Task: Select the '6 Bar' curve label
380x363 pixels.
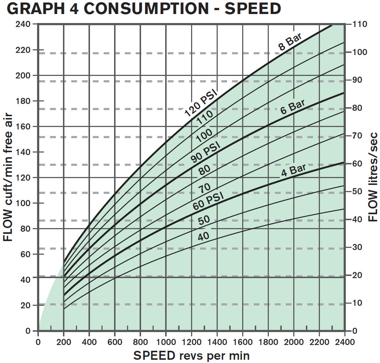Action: click(293, 107)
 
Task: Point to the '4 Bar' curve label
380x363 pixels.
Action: click(293, 170)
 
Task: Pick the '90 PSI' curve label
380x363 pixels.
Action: click(205, 151)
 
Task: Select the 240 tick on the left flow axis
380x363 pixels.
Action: click(23, 24)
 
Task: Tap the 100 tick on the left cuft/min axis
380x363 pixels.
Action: click(23, 203)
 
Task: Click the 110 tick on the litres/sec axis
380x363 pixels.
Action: click(359, 24)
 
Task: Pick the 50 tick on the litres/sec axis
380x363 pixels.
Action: click(357, 192)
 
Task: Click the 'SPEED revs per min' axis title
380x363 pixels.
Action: click(191, 356)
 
